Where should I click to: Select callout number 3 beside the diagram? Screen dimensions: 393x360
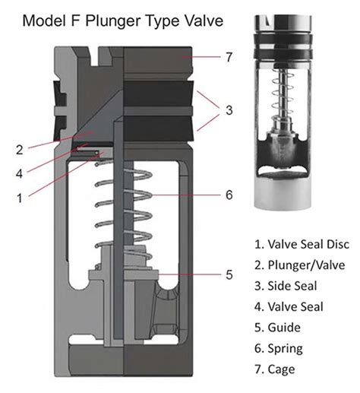(x=228, y=109)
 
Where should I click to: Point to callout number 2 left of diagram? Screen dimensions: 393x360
(x=21, y=149)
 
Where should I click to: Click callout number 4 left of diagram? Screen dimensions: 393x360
(x=21, y=173)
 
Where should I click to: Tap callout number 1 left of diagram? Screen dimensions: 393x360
(x=21, y=196)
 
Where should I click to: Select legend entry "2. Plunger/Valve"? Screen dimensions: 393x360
(x=298, y=265)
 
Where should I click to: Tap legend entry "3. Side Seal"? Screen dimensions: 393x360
(x=286, y=286)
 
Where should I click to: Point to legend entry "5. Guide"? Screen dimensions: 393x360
(x=279, y=328)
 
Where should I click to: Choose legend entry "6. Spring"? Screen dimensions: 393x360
(x=281, y=348)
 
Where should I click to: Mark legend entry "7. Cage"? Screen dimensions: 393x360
(x=278, y=369)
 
